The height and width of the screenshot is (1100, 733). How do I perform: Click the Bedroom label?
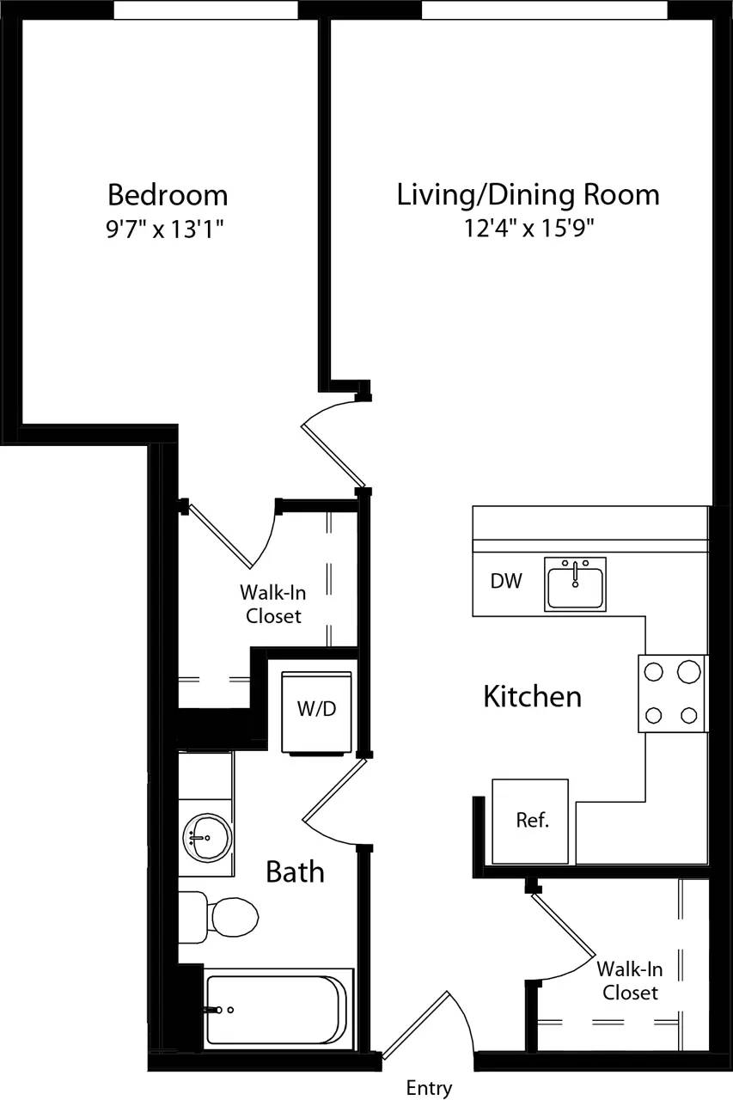[x=168, y=194]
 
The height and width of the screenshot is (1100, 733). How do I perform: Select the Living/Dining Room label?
[x=528, y=194]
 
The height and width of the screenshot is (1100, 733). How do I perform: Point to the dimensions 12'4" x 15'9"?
[x=528, y=229]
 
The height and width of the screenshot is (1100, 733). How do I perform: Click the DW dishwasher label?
[x=506, y=582]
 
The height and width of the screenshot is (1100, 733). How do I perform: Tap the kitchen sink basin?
[x=575, y=586]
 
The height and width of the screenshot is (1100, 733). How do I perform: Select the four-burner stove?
[x=672, y=694]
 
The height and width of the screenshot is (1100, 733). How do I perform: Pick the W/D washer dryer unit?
[x=317, y=712]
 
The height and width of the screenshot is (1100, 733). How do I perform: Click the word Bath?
[x=295, y=871]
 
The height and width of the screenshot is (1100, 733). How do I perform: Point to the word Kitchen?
[x=532, y=695]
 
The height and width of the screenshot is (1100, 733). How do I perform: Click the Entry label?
[x=429, y=1088]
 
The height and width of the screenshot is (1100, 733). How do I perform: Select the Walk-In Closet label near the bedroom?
[x=273, y=603]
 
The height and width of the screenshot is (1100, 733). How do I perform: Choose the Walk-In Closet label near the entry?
[x=630, y=981]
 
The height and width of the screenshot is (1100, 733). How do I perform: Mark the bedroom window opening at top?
[x=206, y=9]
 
